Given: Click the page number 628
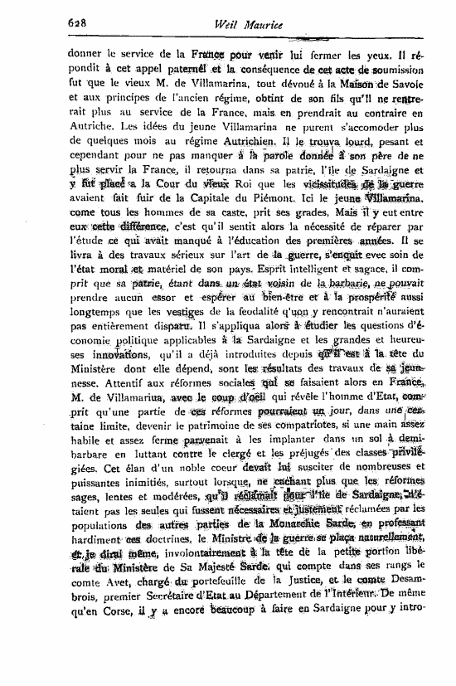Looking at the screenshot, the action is coord(77,25).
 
